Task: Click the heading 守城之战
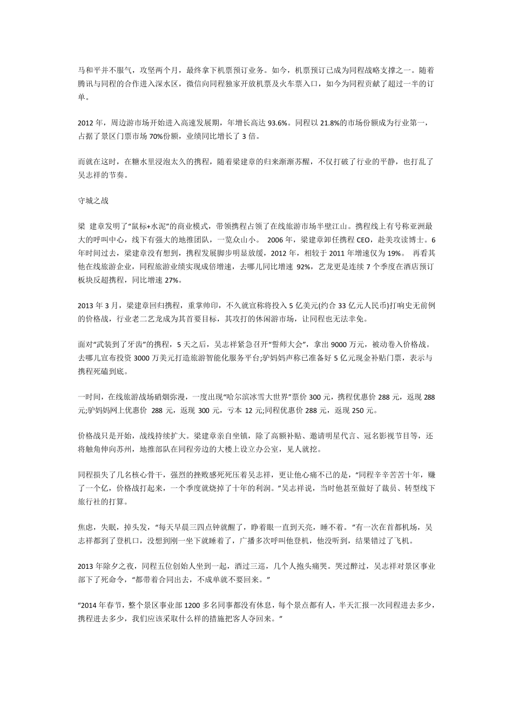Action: pos(93,200)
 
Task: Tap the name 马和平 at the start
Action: pos(90,70)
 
